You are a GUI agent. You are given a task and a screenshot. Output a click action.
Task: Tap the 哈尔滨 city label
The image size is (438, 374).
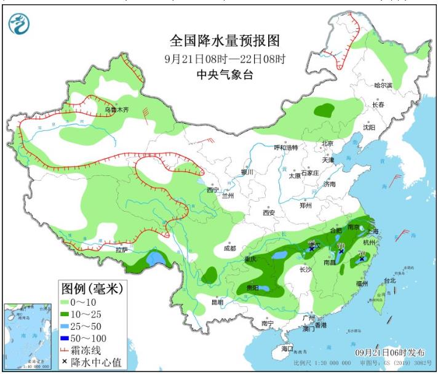[x=383, y=86]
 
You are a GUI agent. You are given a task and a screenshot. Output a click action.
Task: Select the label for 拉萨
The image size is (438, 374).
[x=122, y=249]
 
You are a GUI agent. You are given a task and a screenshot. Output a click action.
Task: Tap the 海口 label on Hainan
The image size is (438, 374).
[x=286, y=348]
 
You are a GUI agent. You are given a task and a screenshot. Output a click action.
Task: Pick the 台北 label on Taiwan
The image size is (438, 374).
[x=389, y=280]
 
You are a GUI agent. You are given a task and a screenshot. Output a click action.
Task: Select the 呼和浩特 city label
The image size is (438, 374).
[x=285, y=148]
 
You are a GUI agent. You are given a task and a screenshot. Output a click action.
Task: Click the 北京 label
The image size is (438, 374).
[x=327, y=144]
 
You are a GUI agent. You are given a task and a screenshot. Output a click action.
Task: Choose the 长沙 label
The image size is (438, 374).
[x=305, y=269]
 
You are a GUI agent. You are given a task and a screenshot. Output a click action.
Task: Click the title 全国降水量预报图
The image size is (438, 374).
[x=225, y=41]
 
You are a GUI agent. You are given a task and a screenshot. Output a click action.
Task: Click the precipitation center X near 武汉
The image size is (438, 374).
[x=312, y=249]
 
